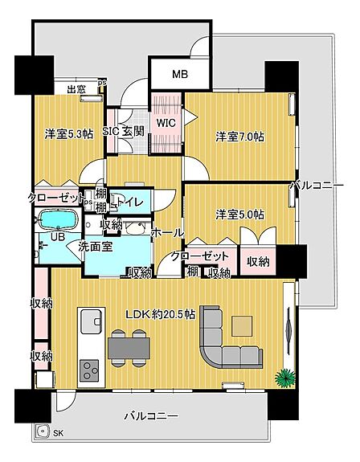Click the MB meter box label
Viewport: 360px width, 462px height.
tap(180, 74)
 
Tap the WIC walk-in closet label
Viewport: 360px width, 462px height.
tap(166, 123)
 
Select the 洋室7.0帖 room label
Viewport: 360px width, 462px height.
tap(239, 137)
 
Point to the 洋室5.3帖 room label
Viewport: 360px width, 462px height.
tap(69, 134)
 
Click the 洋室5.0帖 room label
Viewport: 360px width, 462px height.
tap(239, 215)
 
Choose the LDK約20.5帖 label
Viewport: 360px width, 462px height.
tap(161, 314)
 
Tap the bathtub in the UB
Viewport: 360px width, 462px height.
tap(58, 219)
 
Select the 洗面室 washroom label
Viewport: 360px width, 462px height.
tap(96, 247)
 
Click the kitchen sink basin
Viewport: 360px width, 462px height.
tap(91, 321)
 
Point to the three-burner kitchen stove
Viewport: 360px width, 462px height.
tap(89, 370)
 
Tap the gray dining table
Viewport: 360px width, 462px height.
tap(129, 348)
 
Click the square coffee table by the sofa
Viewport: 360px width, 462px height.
tap(242, 326)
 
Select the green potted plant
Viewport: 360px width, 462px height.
tap(284, 378)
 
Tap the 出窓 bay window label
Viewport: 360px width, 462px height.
tap(76, 89)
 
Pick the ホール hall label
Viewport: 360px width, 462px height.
tap(167, 233)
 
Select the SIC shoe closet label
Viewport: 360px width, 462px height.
tap(111, 131)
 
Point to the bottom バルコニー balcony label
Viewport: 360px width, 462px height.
tap(151, 416)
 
